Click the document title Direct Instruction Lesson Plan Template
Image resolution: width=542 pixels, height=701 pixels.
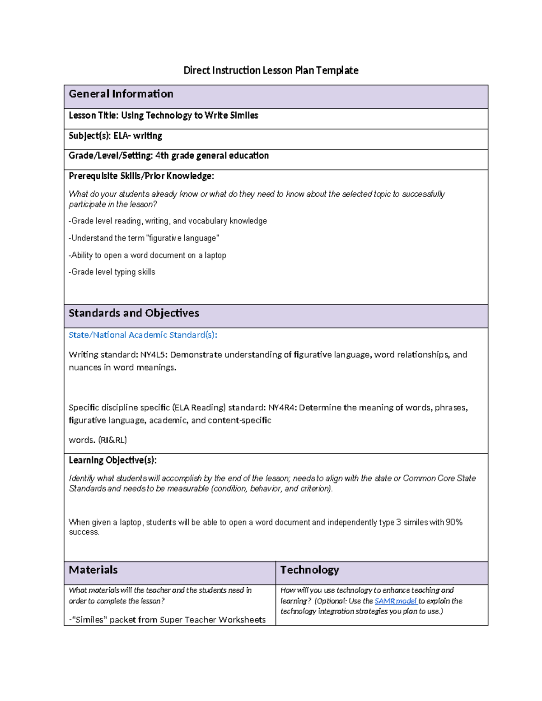pyautogui.click(x=271, y=70)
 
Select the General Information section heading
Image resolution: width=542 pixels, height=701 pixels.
pyautogui.click(x=121, y=94)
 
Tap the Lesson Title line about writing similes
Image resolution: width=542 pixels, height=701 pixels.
pyautogui.click(x=163, y=116)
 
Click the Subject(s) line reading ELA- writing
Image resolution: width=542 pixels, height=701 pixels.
pyautogui.click(x=115, y=136)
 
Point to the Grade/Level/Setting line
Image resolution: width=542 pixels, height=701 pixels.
pyautogui.click(x=168, y=156)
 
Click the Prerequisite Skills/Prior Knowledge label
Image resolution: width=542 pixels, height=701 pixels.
pyautogui.click(x=141, y=176)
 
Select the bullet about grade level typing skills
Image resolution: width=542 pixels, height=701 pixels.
pyautogui.click(x=112, y=272)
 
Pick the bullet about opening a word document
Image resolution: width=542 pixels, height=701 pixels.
pyautogui.click(x=147, y=255)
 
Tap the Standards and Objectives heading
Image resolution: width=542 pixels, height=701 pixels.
pyautogui.click(x=134, y=313)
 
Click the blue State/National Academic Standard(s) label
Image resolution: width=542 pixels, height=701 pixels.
pyautogui.click(x=143, y=335)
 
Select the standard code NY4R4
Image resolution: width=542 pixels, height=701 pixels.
pyautogui.click(x=282, y=408)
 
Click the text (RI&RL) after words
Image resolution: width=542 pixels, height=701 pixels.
pyautogui.click(x=112, y=440)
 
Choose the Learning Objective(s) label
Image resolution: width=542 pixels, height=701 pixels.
pyautogui.click(x=112, y=460)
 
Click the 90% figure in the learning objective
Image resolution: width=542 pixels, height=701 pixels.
pyautogui.click(x=454, y=522)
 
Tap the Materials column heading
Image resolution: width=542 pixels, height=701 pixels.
pyautogui.click(x=93, y=570)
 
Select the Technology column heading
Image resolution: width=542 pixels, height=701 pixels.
pyautogui.click(x=309, y=570)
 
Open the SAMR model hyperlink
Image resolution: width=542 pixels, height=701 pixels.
pyautogui.click(x=396, y=601)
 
